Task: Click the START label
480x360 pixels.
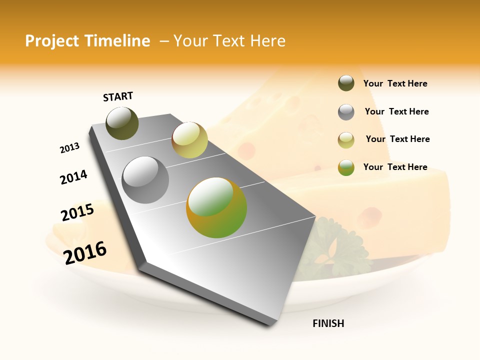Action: [x=118, y=96]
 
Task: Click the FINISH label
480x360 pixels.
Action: [x=328, y=323]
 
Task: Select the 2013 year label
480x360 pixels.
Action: [x=69, y=148]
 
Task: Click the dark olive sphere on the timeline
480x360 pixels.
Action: [x=122, y=123]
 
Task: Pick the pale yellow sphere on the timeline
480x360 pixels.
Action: [x=189, y=140]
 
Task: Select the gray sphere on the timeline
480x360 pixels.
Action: [x=145, y=179]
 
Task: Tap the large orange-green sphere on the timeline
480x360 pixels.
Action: [x=216, y=207]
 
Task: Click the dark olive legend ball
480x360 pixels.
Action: [x=346, y=83]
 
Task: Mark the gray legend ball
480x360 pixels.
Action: [x=346, y=112]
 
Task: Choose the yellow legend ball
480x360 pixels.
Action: [x=346, y=140]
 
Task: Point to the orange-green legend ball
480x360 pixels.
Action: [x=346, y=167]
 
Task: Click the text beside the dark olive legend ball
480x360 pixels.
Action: [x=395, y=84]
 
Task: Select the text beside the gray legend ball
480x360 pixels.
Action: [x=396, y=111]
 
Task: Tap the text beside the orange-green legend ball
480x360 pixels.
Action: [x=395, y=167]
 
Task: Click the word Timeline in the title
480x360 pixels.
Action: [x=118, y=41]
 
